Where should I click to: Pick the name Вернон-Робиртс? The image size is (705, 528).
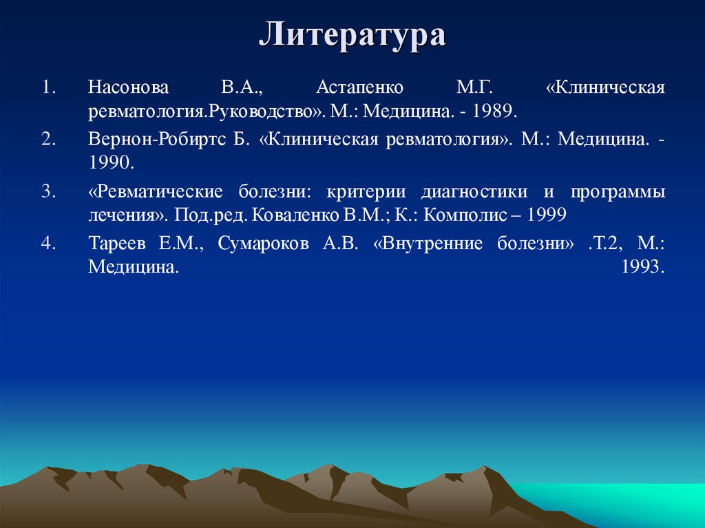158,140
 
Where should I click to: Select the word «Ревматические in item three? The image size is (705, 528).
156,192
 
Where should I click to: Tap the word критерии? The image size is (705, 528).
361,192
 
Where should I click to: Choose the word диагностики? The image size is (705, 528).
474,192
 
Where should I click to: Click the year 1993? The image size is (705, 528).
642,266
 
